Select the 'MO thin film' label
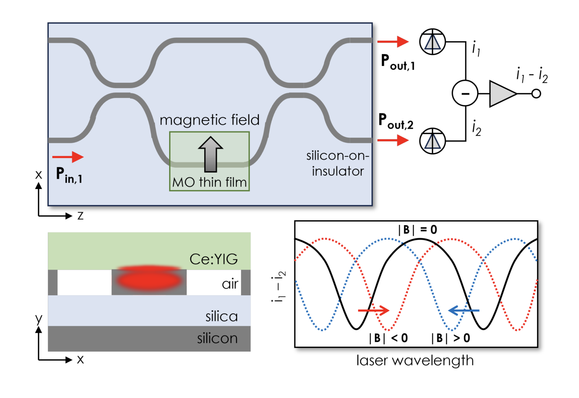pyautogui.click(x=209, y=182)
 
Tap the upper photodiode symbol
pyautogui.click(x=432, y=42)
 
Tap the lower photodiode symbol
pyautogui.click(x=432, y=141)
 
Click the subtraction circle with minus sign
pyautogui.click(x=465, y=93)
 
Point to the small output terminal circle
pyautogui.click(x=536, y=94)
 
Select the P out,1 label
pyautogui.click(x=397, y=62)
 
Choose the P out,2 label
pyautogui.click(x=396, y=121)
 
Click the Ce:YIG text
pyautogui.click(x=213, y=259)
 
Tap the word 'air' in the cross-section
pyautogui.click(x=230, y=284)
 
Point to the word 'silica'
pyautogui.click(x=221, y=316)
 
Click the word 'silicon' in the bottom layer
pyautogui.click(x=217, y=338)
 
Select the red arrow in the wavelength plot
pyautogui.click(x=373, y=310)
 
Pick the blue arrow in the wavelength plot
pyautogui.click(x=464, y=310)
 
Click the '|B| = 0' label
pyautogui.click(x=417, y=230)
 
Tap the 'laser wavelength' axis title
pyautogui.click(x=415, y=360)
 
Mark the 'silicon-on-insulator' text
pyautogui.click(x=338, y=163)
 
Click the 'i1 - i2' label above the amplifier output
pyautogui.click(x=532, y=75)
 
